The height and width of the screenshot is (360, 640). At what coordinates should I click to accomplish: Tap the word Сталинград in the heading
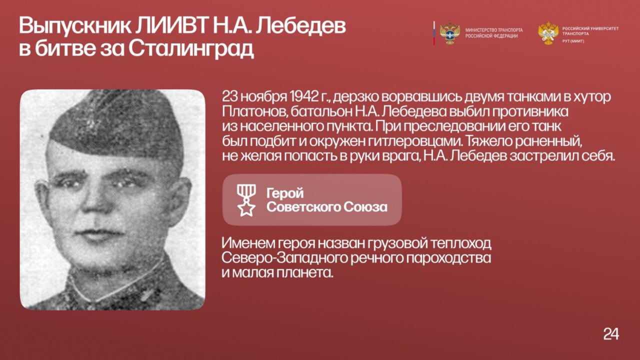[x=191, y=49]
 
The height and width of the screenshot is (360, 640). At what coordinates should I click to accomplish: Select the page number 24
[x=611, y=333]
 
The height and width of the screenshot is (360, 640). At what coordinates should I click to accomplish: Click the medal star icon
[x=246, y=199]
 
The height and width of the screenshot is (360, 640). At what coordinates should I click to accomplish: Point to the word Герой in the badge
[x=285, y=193]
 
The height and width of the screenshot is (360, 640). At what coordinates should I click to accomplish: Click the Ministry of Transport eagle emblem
[x=449, y=33]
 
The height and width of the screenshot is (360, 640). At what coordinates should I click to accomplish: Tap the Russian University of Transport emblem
[x=548, y=33]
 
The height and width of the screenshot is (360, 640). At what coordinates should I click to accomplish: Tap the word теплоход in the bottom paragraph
[x=461, y=243]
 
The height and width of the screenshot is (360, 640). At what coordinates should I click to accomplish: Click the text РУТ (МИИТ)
[x=573, y=41]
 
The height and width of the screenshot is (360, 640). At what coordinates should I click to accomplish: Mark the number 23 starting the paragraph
[x=229, y=97]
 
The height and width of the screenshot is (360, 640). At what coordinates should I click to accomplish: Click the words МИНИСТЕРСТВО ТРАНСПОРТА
[x=494, y=30]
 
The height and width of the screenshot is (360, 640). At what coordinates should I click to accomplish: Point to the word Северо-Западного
[x=284, y=258]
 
